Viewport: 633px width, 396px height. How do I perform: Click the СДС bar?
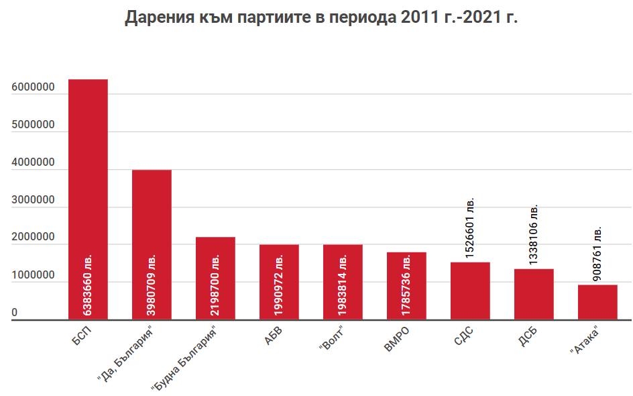point(470,291)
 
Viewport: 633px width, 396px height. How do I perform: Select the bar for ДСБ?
point(534,295)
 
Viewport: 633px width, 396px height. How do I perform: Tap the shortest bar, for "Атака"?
point(597,303)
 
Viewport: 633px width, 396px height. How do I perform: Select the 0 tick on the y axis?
point(14,313)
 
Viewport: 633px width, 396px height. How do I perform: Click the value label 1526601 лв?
point(470,228)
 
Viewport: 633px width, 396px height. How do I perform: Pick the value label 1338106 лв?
point(534,234)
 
